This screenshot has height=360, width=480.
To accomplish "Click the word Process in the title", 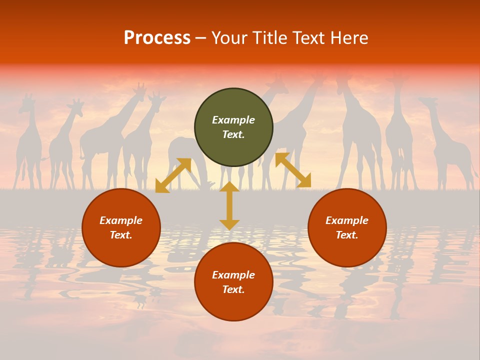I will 157,38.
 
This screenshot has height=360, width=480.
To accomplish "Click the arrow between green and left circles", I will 173,175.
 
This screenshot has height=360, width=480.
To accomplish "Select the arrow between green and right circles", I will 293,170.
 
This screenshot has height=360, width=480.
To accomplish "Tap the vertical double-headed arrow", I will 229,206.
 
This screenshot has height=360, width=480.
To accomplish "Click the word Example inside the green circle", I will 233,120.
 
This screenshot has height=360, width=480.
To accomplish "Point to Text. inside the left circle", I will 121,235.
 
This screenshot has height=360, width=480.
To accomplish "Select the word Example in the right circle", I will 347,220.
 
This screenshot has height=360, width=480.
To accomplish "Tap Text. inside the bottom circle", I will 233,289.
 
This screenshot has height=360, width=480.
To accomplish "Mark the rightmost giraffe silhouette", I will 447,145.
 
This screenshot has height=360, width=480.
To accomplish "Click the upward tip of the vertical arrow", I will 229,184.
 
